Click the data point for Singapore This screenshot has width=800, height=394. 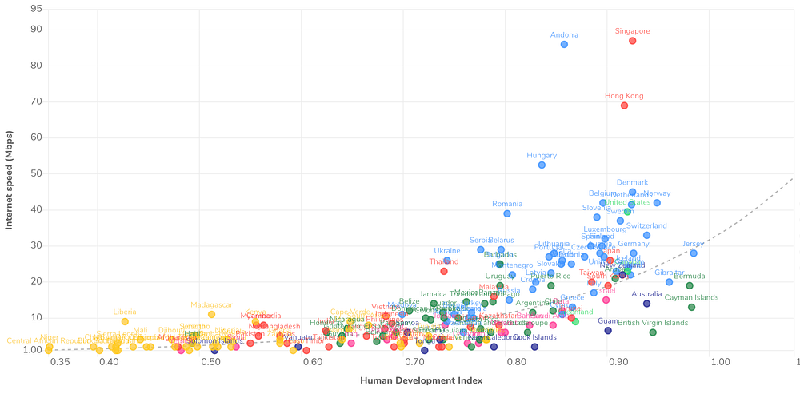(632, 41)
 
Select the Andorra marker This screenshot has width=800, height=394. (564, 44)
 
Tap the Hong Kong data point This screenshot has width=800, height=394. (624, 105)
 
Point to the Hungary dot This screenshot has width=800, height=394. (542, 165)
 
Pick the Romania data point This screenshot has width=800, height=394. (507, 213)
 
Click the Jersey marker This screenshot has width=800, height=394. (694, 253)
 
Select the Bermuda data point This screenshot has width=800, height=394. (689, 285)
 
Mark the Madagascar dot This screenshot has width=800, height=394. (211, 314)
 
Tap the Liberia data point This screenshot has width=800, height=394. (125, 321)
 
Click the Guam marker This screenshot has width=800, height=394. (608, 330)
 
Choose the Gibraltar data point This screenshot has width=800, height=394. (669, 282)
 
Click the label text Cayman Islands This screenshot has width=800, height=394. (692, 297)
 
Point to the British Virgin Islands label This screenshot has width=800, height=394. (653, 323)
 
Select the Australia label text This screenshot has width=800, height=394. (646, 294)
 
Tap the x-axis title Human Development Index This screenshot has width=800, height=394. (422, 380)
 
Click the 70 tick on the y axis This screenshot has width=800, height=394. (36, 101)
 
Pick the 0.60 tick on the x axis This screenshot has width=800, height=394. (314, 362)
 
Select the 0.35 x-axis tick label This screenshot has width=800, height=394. (59, 362)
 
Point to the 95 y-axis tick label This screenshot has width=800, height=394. (36, 9)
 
